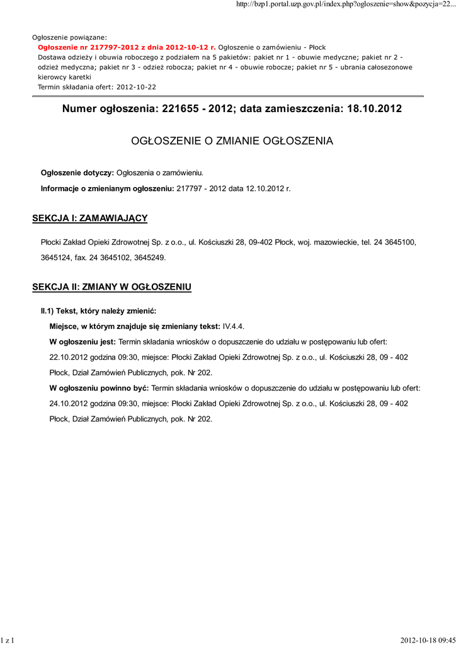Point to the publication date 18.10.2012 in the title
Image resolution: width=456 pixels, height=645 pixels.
tap(374, 109)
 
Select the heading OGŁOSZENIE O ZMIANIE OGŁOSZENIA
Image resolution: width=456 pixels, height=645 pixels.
tap(232, 141)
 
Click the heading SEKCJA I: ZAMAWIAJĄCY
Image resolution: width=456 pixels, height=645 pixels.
tap(89, 218)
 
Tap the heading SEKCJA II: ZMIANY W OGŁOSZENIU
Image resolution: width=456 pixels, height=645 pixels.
tap(111, 287)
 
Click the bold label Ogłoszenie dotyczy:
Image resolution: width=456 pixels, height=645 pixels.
tap(77, 173)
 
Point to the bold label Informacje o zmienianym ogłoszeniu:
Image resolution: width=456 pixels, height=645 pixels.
tap(107, 188)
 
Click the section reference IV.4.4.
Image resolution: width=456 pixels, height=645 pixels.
tap(233, 326)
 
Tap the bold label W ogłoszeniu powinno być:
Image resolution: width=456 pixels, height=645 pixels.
tap(99, 387)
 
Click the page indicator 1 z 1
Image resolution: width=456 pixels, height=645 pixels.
tap(8, 640)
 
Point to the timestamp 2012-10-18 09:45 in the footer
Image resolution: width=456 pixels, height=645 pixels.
tap(428, 640)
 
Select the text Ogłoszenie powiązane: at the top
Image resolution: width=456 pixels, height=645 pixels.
tap(69, 37)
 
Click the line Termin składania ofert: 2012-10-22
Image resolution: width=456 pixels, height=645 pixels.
tap(97, 86)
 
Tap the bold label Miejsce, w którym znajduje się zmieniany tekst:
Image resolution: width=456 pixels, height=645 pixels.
tap(135, 326)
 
